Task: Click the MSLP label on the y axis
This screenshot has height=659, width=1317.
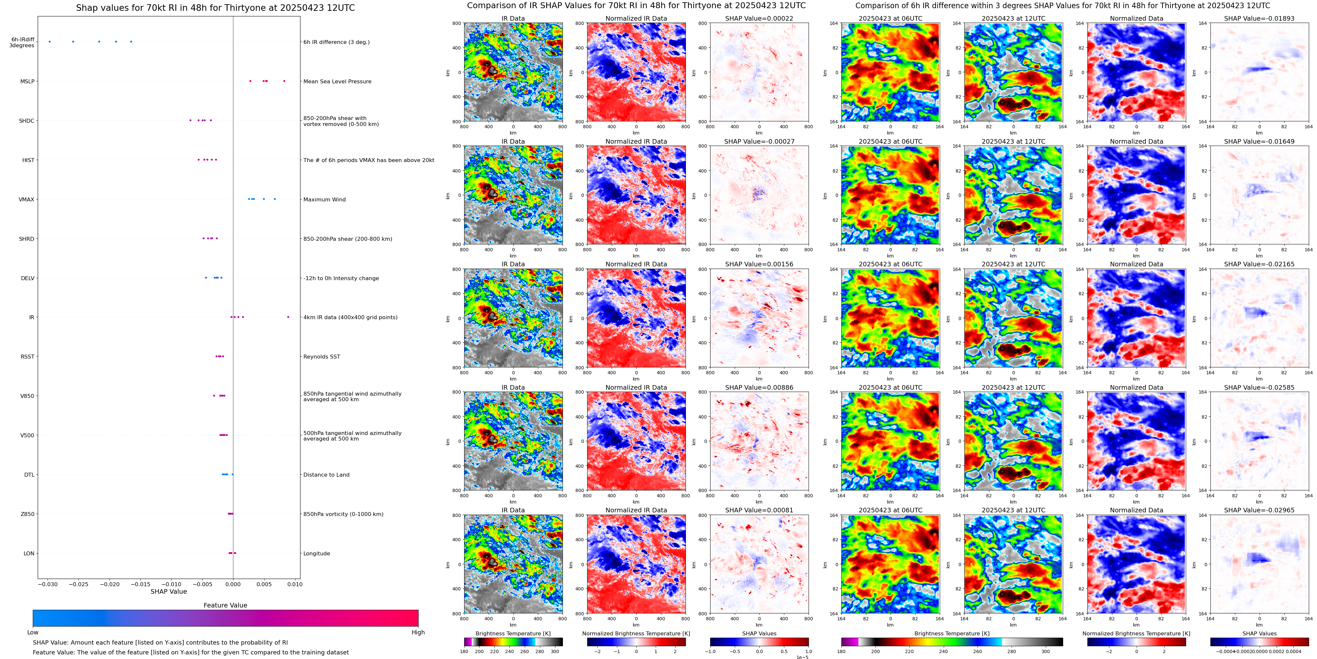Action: point(27,81)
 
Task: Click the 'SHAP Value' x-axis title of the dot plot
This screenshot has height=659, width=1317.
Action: point(169,591)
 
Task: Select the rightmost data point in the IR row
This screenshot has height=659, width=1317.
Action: point(288,317)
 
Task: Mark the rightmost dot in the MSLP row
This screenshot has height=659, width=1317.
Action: point(284,81)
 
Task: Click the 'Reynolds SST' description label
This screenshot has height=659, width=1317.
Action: point(321,357)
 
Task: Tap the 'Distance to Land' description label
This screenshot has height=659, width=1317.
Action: point(326,475)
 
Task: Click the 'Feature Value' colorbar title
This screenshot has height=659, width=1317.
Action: point(225,605)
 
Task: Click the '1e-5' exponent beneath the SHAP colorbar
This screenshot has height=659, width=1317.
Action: point(802,657)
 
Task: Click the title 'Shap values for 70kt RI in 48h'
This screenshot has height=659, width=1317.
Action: point(215,8)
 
